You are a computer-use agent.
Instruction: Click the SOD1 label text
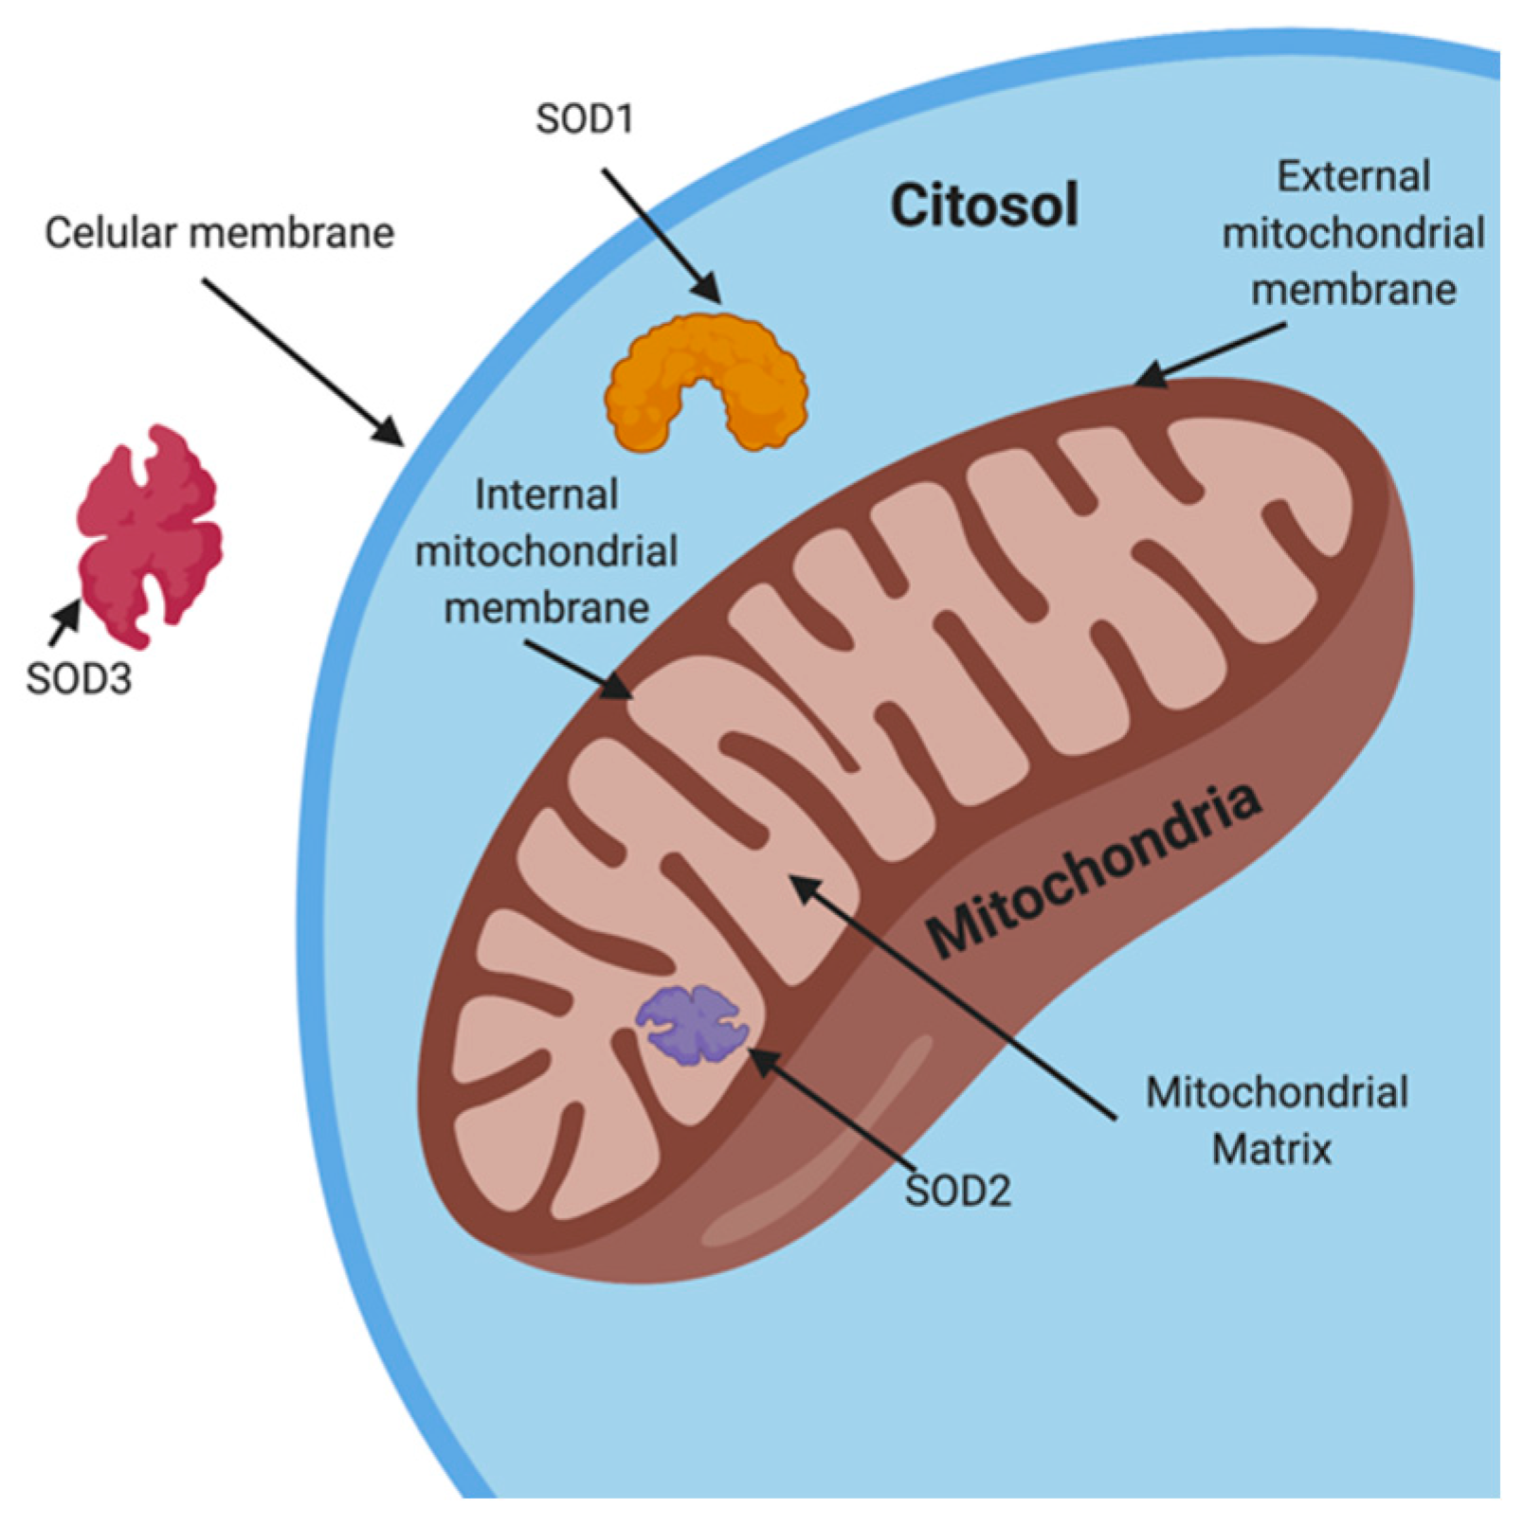584,119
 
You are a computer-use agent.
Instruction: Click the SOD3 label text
78,678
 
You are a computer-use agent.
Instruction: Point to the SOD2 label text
957,1191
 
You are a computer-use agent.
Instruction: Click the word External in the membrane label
1352,177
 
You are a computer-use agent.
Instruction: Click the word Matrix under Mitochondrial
1272,1149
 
